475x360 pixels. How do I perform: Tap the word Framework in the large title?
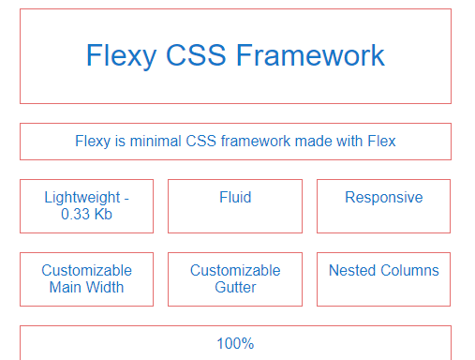pyautogui.click(x=309, y=55)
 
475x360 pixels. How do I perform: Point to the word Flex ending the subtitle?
pyautogui.click(x=380, y=142)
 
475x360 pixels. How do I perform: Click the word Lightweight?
pyautogui.click(x=82, y=198)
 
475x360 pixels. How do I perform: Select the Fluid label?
pyautogui.click(x=235, y=198)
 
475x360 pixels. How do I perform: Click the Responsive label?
pyautogui.click(x=383, y=198)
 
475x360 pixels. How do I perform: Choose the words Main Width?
pyautogui.click(x=86, y=288)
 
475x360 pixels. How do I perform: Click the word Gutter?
pyautogui.click(x=235, y=288)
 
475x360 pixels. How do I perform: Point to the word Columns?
pyautogui.click(x=409, y=271)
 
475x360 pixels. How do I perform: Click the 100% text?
pyautogui.click(x=235, y=343)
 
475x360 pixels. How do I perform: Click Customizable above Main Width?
pyautogui.click(x=86, y=271)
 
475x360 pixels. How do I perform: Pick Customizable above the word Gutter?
pyautogui.click(x=235, y=271)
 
